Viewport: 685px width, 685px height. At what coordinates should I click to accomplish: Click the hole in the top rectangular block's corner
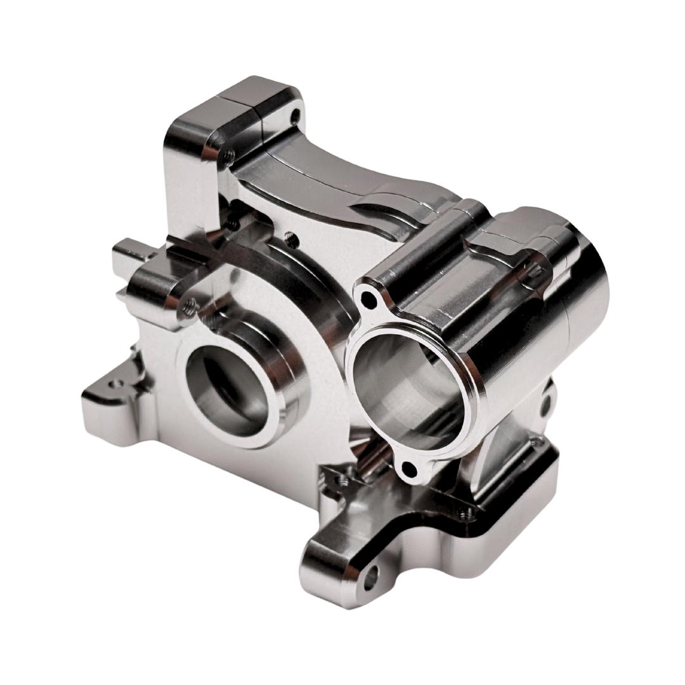[292, 115]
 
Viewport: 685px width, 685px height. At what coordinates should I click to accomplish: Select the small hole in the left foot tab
[115, 384]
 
